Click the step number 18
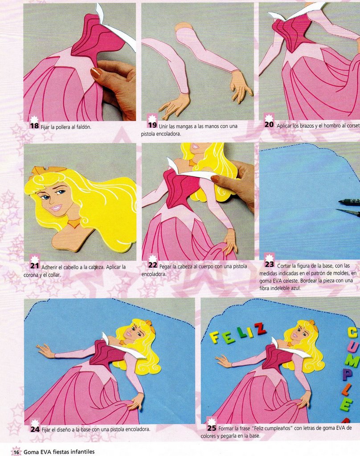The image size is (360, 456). (x=34, y=126)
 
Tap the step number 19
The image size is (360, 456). (x=152, y=125)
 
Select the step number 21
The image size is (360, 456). (x=35, y=266)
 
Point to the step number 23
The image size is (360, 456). (x=269, y=265)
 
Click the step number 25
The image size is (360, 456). (x=212, y=428)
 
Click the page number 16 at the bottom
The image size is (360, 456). (x=16, y=452)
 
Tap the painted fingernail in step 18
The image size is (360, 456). (x=96, y=73)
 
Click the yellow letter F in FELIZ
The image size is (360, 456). (x=214, y=338)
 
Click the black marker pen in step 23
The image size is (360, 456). (x=349, y=201)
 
